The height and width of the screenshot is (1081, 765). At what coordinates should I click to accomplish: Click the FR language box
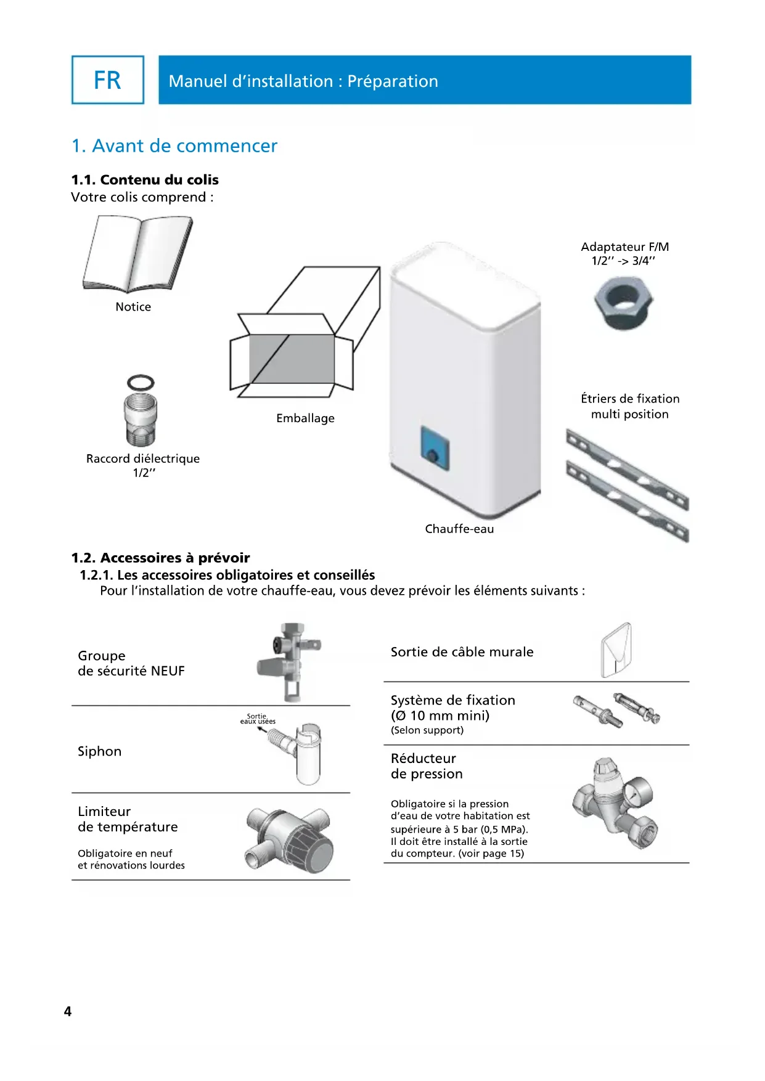(108, 80)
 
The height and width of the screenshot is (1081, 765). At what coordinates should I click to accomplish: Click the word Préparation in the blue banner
(393, 81)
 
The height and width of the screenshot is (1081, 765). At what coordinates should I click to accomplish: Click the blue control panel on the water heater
(435, 448)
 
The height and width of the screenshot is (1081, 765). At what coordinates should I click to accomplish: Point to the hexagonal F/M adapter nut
(624, 302)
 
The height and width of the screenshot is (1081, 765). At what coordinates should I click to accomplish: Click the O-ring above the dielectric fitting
(141, 382)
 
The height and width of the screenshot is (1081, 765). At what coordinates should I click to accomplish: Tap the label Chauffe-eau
(459, 529)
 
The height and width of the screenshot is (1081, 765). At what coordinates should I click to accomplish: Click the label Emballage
(305, 418)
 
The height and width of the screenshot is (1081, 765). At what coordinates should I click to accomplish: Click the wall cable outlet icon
(616, 650)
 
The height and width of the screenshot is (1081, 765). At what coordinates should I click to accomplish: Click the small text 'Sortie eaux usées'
(258, 719)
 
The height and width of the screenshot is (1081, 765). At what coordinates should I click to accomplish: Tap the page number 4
(68, 1011)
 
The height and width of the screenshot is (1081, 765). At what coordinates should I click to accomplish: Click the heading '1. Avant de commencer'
(174, 146)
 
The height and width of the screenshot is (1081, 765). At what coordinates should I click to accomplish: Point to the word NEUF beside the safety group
(168, 671)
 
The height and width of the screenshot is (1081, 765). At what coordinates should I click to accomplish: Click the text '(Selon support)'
(427, 730)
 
